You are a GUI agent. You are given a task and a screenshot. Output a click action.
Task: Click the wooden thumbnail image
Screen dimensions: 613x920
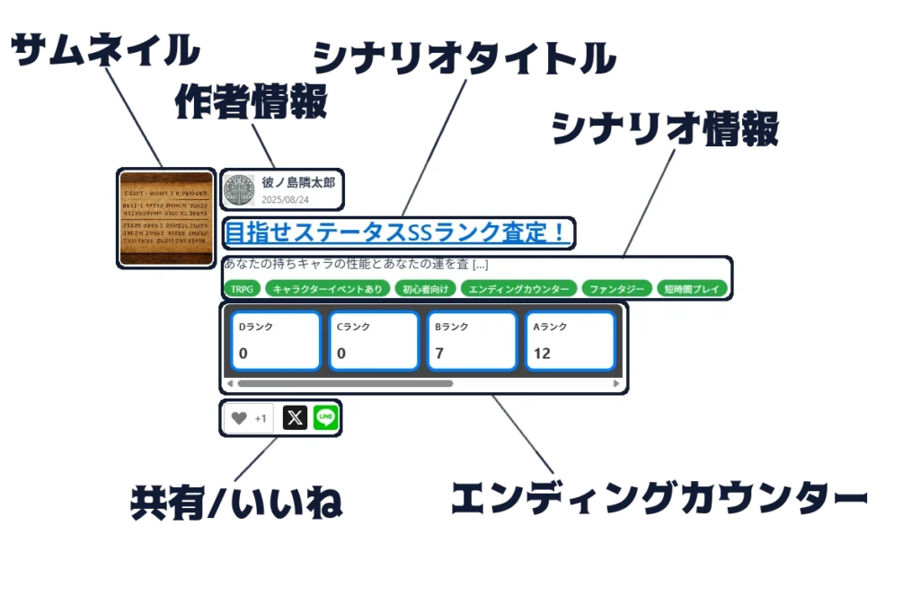[x=166, y=218]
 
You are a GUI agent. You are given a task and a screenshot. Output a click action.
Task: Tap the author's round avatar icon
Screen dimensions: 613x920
[x=239, y=190]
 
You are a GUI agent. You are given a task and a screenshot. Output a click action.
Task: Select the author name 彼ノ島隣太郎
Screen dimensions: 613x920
[x=297, y=182]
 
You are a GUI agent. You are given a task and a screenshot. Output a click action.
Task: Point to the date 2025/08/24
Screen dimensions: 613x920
[x=285, y=199]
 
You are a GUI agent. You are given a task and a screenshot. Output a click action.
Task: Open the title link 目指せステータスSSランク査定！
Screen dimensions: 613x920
[x=395, y=232]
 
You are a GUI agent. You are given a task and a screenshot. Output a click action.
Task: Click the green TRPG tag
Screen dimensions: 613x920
[x=241, y=289]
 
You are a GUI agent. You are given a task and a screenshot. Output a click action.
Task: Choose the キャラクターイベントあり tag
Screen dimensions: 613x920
[x=328, y=289]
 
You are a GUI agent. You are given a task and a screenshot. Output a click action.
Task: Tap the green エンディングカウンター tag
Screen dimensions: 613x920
[x=518, y=289]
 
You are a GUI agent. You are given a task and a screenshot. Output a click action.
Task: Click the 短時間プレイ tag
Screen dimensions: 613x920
[x=692, y=289]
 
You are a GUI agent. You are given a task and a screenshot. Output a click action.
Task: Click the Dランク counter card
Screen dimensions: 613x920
[x=275, y=341]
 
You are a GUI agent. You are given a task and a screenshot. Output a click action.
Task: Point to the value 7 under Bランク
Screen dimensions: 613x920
[x=439, y=354]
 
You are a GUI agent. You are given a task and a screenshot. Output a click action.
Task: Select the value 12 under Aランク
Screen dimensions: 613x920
[x=542, y=354]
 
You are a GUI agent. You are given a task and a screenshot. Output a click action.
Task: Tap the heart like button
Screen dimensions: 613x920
[x=239, y=418]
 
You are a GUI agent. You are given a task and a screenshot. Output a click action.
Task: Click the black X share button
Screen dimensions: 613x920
[x=295, y=418]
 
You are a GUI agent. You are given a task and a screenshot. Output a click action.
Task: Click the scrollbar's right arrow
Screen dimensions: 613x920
[x=616, y=384]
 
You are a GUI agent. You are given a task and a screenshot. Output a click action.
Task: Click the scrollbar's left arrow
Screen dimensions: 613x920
[x=230, y=384]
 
